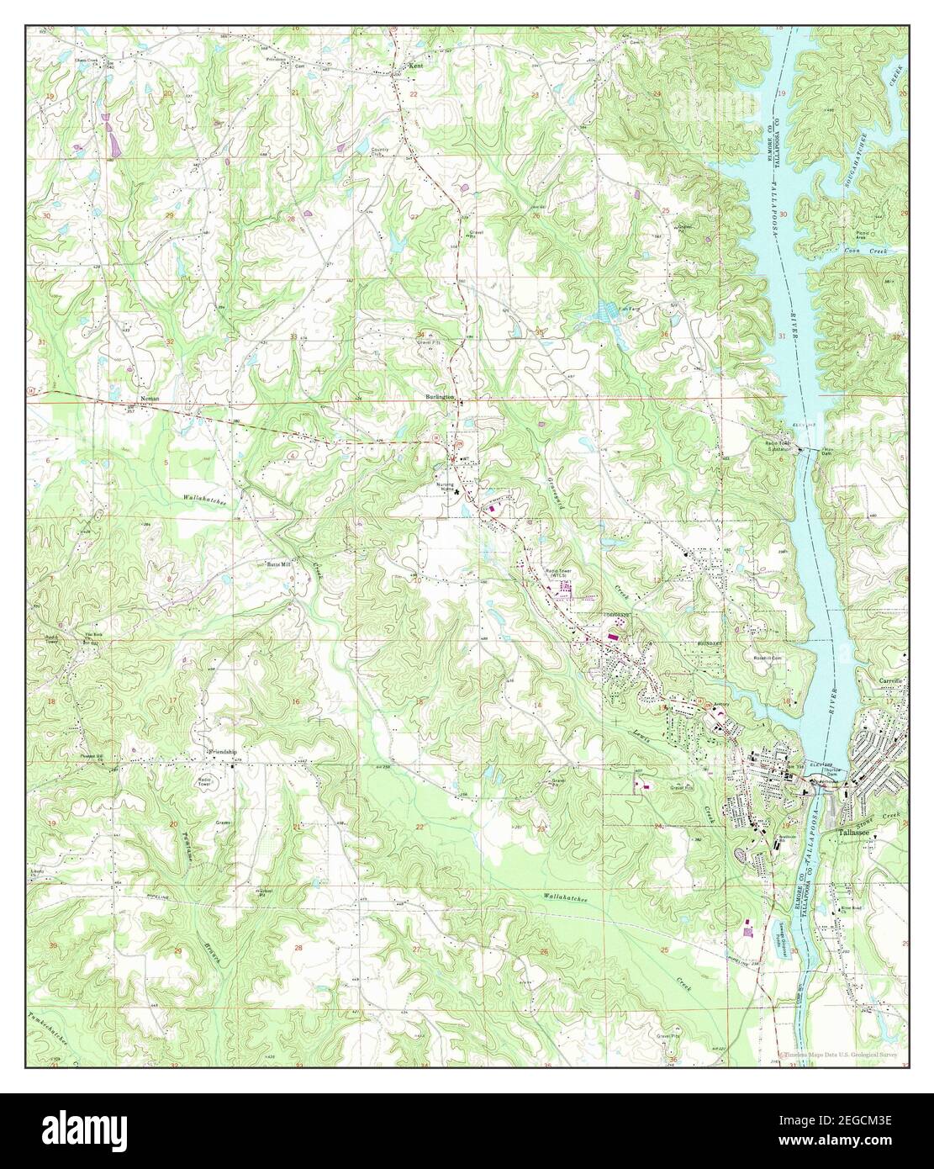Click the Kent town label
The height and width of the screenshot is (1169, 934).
(414, 65)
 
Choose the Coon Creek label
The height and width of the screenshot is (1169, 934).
(863, 251)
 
